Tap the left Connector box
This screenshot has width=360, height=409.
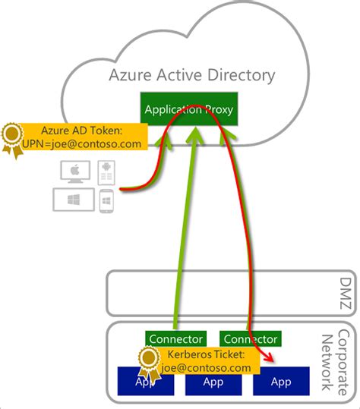click(x=175, y=338)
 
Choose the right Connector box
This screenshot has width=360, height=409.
click(x=249, y=338)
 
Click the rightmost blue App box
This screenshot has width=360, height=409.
click(x=280, y=382)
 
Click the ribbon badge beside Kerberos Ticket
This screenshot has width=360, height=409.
click(x=148, y=363)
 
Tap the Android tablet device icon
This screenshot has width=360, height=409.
click(x=106, y=174)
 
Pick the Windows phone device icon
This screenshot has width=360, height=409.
click(x=106, y=201)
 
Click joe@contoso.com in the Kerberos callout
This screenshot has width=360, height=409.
click(x=205, y=367)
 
